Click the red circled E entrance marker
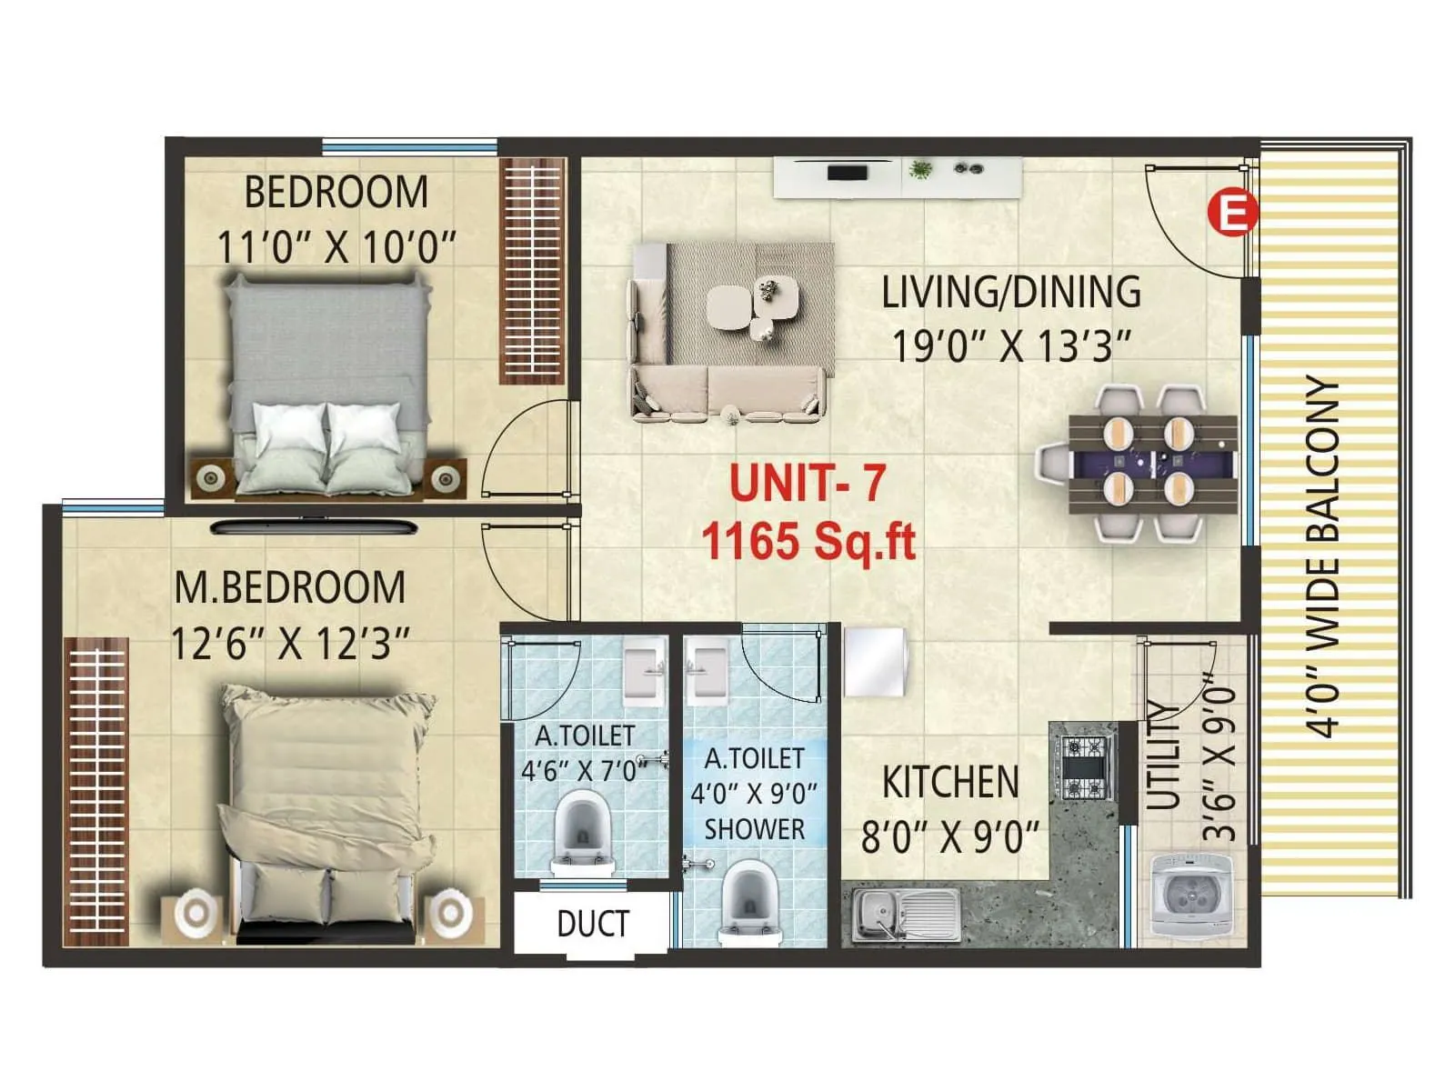(1231, 215)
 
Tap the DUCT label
(593, 924)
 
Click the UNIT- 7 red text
(807, 483)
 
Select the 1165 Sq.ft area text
(808, 543)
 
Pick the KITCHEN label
(950, 783)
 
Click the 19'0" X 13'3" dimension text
(1011, 346)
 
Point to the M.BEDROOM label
(290, 587)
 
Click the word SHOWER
(755, 829)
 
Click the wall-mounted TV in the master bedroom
(315, 526)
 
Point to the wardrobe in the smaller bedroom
(533, 271)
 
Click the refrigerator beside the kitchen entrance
(875, 661)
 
